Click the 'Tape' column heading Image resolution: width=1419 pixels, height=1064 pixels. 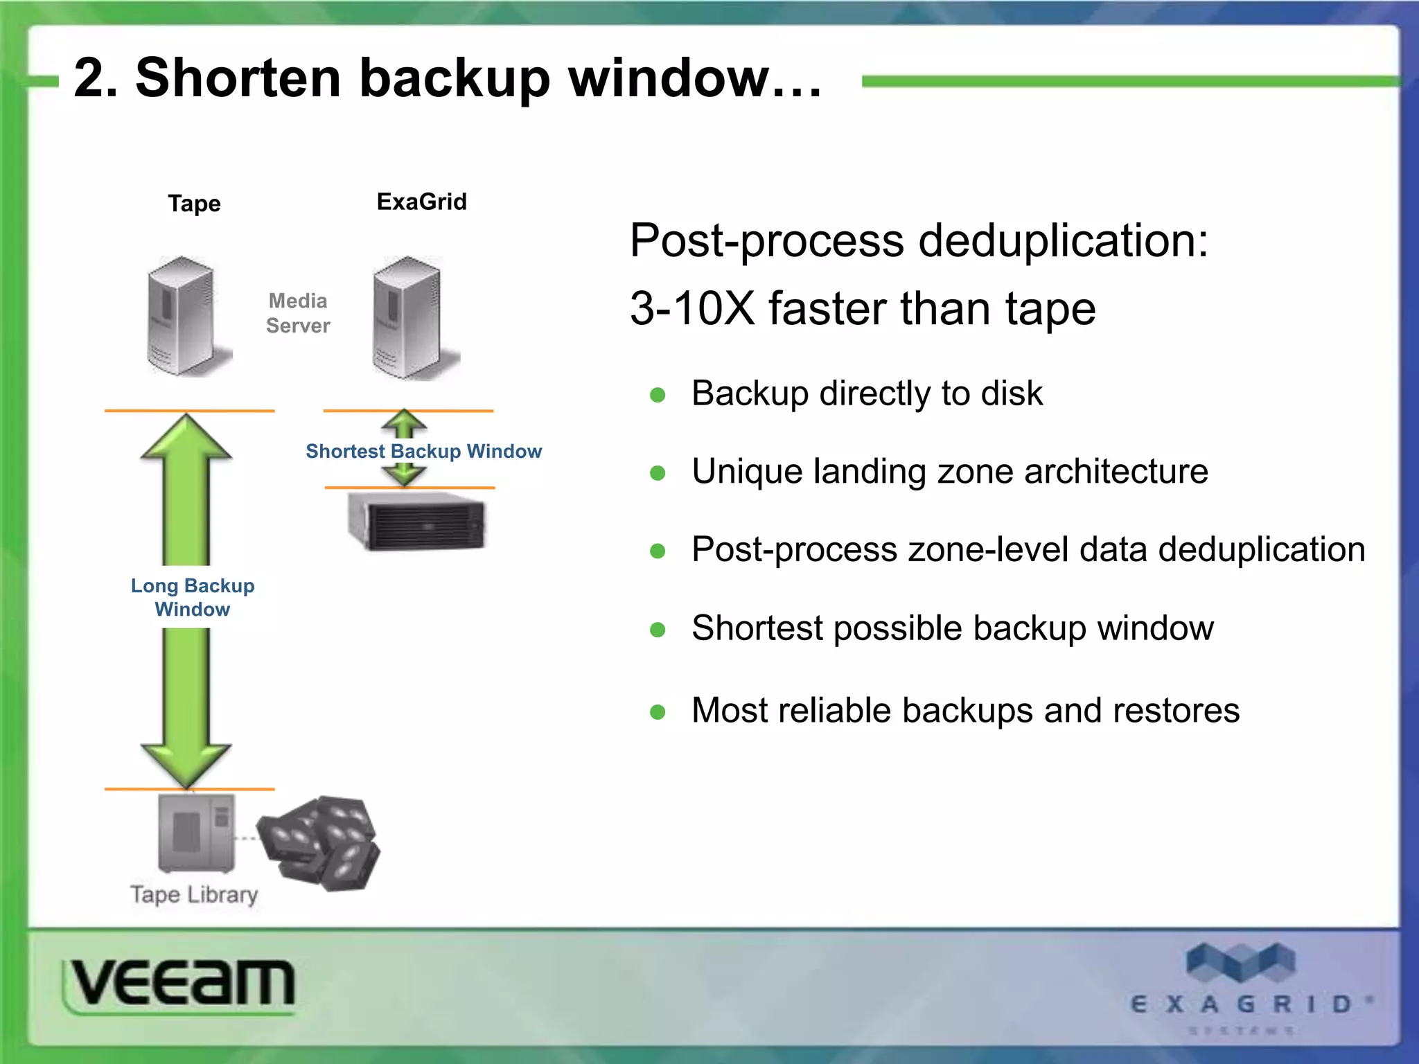(194, 204)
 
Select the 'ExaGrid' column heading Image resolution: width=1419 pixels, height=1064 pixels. (421, 202)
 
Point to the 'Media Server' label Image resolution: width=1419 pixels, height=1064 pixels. (298, 313)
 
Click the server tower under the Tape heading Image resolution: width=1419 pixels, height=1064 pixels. (183, 317)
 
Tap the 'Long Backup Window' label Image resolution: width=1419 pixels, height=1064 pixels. (193, 597)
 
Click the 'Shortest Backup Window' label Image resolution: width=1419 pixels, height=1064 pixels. (423, 451)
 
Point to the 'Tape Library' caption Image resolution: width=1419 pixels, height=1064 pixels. (194, 894)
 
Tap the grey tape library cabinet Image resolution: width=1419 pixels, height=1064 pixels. (196, 833)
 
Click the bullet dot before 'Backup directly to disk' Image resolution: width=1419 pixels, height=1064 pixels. (658, 396)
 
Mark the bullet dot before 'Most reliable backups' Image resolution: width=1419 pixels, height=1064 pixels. (658, 712)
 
